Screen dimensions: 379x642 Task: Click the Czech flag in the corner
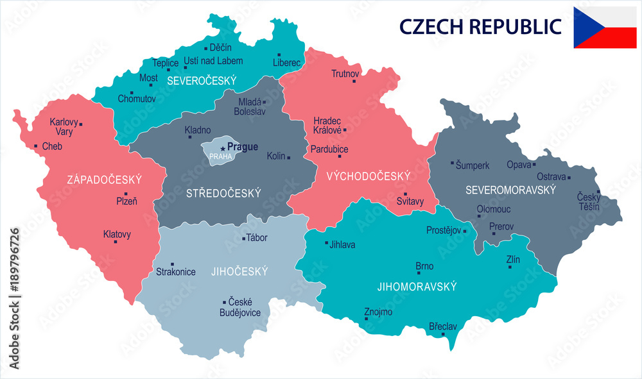coord(605,28)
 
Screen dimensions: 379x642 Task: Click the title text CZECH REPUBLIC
coord(480,26)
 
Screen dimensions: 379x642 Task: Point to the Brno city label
coord(424,266)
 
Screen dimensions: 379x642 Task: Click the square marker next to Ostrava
coord(569,178)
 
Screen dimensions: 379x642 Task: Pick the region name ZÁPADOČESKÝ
coord(104,180)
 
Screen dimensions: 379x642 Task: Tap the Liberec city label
coord(286,63)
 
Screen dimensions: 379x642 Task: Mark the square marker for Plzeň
coord(126,194)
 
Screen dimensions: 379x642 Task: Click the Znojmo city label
coord(377,312)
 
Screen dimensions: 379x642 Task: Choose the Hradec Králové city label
coord(327,125)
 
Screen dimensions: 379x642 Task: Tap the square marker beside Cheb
coord(36,146)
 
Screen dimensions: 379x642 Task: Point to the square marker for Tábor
coord(242,239)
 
